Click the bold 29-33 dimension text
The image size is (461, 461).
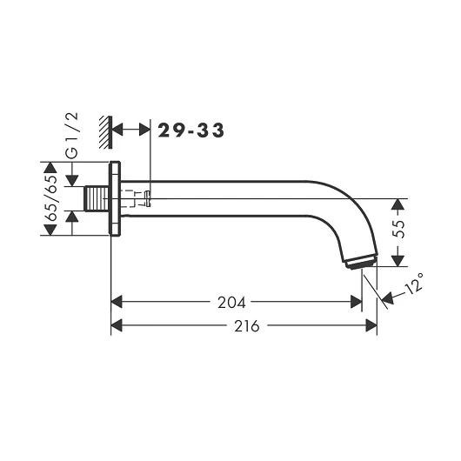click(191, 130)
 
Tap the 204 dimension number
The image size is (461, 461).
click(231, 303)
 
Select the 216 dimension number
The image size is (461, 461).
click(247, 326)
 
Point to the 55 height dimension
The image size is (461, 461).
click(398, 229)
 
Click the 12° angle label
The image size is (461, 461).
click(414, 284)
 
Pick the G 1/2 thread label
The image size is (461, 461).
click(72, 136)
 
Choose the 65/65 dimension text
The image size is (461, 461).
click(51, 198)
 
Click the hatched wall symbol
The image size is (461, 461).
click(105, 132)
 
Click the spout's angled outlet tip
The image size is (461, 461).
click(361, 262)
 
